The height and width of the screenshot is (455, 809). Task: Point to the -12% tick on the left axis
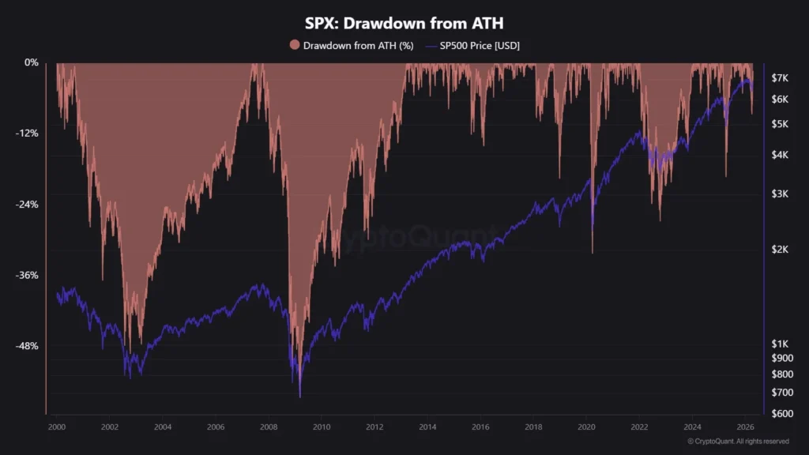point(27,133)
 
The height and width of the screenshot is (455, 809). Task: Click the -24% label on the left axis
point(27,204)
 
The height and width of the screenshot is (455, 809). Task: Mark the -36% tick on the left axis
point(27,275)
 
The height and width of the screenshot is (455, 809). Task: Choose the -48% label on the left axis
point(27,346)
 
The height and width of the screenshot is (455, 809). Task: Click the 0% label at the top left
point(31,62)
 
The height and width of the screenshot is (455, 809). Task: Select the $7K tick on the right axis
point(781,77)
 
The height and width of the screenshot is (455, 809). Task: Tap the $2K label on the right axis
point(781,250)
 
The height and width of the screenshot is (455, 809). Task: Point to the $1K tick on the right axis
point(781,344)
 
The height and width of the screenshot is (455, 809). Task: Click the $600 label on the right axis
point(782,414)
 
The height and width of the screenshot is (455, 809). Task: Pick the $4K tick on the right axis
point(781,155)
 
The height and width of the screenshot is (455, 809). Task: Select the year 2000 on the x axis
point(57,427)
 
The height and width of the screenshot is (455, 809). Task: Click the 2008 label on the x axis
point(269,427)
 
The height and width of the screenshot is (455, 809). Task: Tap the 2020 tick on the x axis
point(586,427)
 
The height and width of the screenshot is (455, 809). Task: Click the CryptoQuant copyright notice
point(738,442)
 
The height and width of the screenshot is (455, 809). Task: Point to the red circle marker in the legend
point(295,46)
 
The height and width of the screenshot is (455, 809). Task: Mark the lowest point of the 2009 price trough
point(299,397)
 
